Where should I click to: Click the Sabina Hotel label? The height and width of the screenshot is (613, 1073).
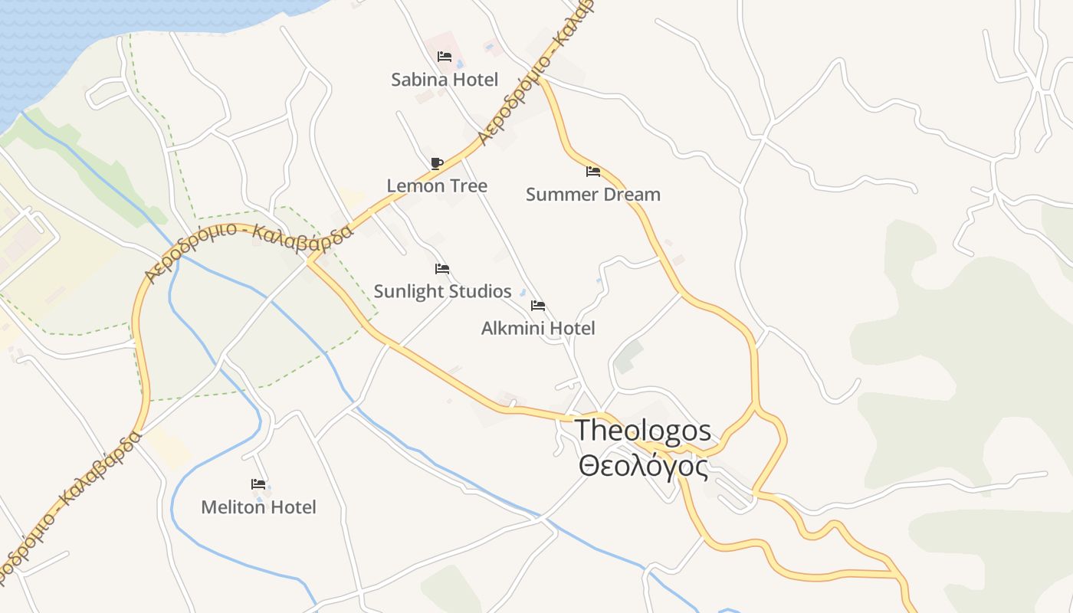point(445,80)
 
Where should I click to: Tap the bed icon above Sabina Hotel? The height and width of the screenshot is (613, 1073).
point(444,57)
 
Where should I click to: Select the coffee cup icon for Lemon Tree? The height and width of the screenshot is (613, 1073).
point(436,163)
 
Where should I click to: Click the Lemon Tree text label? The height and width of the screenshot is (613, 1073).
point(437,186)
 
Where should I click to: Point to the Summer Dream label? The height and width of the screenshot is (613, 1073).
point(592,195)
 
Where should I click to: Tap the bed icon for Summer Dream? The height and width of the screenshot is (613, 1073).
point(592,172)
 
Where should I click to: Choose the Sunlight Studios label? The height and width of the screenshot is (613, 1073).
point(442,292)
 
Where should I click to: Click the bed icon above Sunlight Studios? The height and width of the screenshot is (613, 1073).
point(442,269)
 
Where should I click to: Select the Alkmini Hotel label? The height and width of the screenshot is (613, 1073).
point(538,329)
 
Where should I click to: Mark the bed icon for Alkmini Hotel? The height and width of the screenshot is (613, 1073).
point(538,306)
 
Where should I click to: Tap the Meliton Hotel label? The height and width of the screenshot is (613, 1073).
point(258,507)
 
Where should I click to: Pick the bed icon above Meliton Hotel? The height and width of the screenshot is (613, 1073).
point(258,484)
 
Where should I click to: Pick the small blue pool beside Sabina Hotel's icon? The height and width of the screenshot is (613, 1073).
point(460,64)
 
